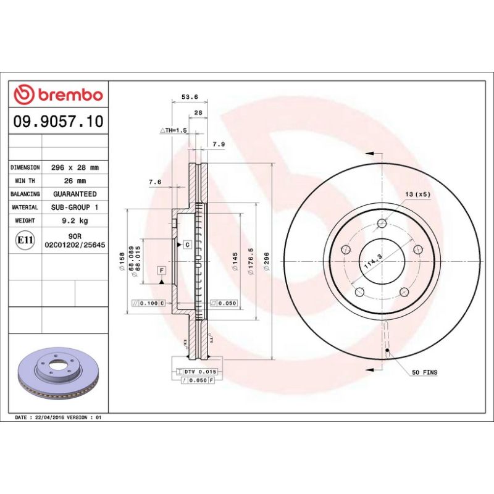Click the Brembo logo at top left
point(58,94)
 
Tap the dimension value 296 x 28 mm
point(75,167)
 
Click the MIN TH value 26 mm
point(75,180)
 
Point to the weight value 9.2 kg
point(75,220)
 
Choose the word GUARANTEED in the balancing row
point(75,194)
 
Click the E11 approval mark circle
point(25,240)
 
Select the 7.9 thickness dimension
point(219,144)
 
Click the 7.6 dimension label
point(155,182)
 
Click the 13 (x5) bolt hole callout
point(417,195)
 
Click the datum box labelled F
point(161,270)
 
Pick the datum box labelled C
point(186,245)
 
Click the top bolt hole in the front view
point(382,224)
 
